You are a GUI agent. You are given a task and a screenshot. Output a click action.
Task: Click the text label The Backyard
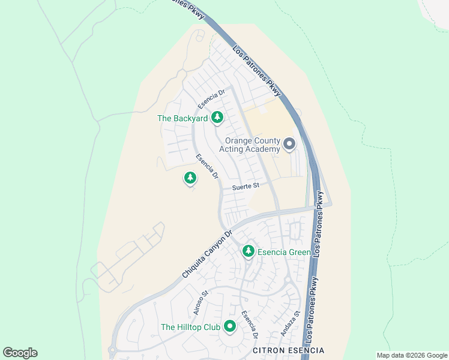tap(182, 118)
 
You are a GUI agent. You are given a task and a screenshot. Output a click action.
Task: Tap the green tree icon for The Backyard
tap(217, 118)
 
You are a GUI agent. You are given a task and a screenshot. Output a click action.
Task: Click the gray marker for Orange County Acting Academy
tap(289, 143)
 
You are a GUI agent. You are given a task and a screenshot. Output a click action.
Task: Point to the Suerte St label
tap(246, 186)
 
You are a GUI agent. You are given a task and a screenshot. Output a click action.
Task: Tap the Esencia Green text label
tap(284, 252)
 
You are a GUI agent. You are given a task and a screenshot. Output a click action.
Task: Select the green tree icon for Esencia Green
tap(249, 251)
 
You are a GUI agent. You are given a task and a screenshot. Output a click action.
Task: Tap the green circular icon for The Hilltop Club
tap(229, 326)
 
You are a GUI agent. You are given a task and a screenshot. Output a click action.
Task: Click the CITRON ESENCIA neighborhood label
tap(288, 350)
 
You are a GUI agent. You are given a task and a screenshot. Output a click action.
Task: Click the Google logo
tap(20, 353)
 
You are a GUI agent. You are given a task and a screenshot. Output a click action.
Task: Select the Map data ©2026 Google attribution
tap(412, 355)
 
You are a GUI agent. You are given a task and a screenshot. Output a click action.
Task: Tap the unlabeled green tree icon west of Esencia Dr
tap(190, 178)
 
